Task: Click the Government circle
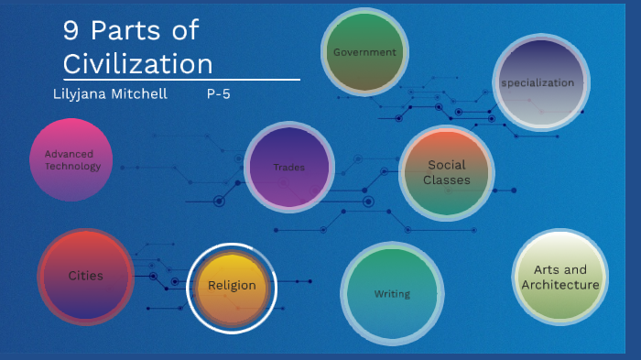[x=364, y=52]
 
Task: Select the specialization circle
[x=538, y=82]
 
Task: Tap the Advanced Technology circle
[x=71, y=160]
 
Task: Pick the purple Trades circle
[x=288, y=167]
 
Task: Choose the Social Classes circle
[x=446, y=172]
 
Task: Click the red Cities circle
[x=86, y=276]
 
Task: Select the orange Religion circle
[x=232, y=286]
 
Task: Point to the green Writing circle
[x=392, y=294]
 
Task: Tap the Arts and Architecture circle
[x=560, y=277]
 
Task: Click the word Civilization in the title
[x=137, y=64]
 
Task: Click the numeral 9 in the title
[x=71, y=32]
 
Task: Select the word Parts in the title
[x=125, y=32]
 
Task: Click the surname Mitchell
[x=140, y=94]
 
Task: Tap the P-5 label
[x=218, y=94]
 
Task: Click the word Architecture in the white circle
[x=560, y=285]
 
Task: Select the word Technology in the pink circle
[x=71, y=167]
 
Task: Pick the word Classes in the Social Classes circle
[x=447, y=180]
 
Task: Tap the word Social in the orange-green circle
[x=447, y=165]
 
